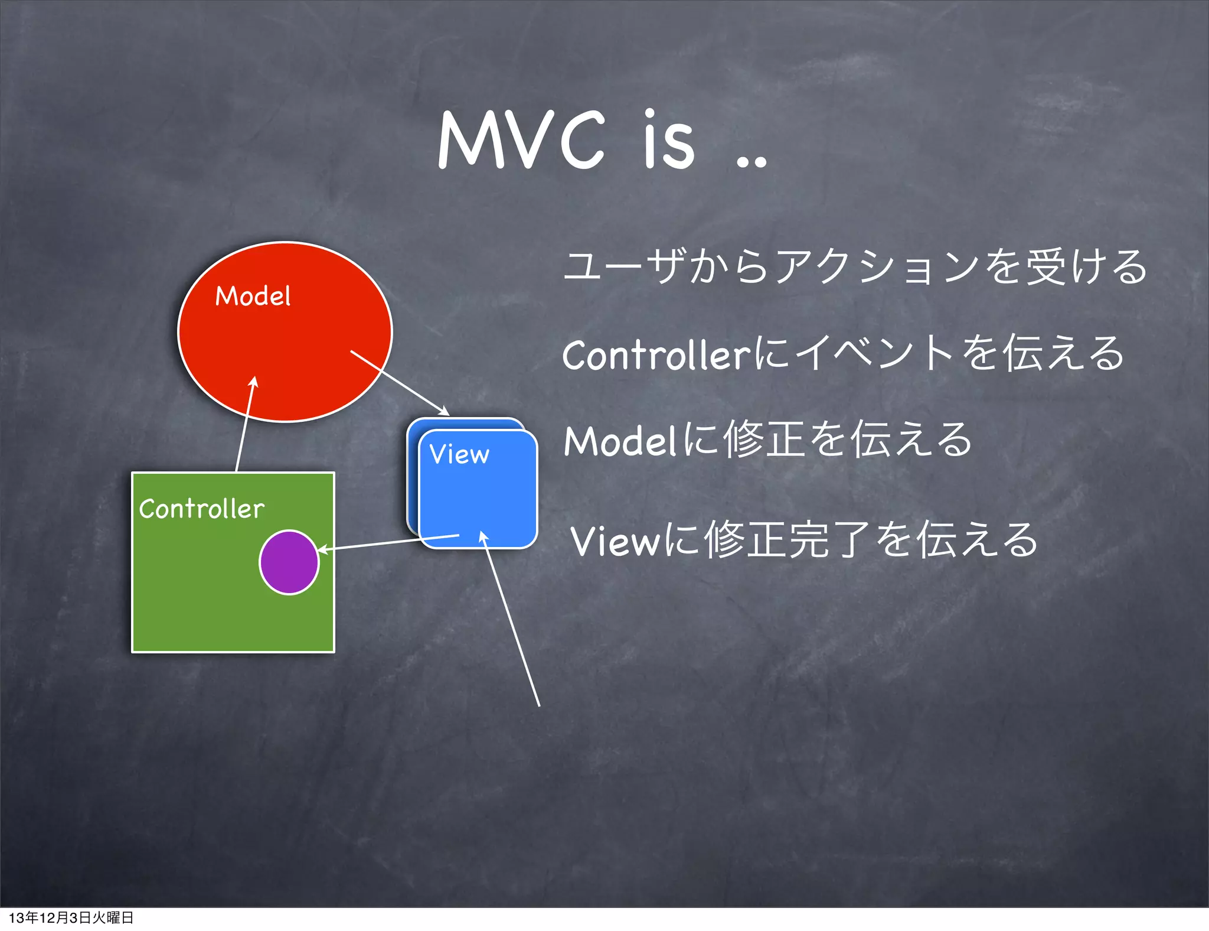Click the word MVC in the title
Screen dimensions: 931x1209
coord(522,141)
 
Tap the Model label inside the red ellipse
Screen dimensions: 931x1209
coord(253,296)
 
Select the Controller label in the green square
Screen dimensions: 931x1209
coord(201,509)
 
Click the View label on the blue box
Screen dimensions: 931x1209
coord(459,454)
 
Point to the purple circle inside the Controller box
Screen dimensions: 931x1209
coord(289,562)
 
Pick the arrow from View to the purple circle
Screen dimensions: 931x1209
coord(388,543)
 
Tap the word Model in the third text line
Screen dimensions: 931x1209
coord(620,441)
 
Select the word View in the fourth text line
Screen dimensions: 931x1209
coord(614,541)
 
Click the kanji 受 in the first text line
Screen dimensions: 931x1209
coord(1047,267)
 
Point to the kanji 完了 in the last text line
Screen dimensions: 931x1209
coord(830,540)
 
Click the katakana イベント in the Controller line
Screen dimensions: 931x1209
coord(874,353)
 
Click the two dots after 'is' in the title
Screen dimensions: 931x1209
coord(751,161)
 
